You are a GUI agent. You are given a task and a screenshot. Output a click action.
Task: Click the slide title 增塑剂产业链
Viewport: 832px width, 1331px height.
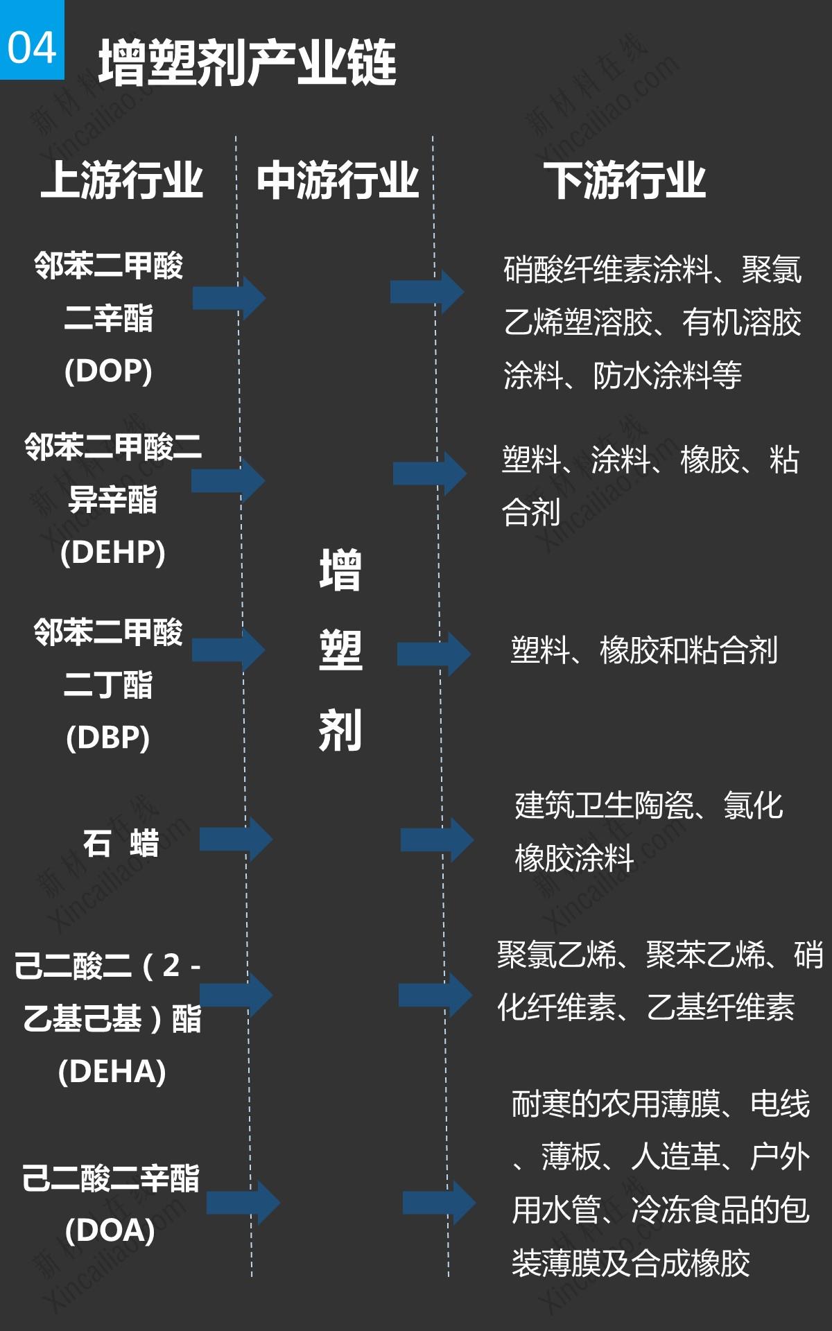[x=247, y=63]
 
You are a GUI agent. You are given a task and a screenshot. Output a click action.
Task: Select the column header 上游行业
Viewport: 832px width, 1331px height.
[x=122, y=181]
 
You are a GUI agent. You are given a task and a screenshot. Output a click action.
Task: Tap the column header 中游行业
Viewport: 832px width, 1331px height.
[x=338, y=181]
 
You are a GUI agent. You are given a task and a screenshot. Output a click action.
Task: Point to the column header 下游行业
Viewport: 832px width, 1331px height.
[x=624, y=181]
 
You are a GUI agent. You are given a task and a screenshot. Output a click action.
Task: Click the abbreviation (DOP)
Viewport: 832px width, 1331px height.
[x=108, y=371]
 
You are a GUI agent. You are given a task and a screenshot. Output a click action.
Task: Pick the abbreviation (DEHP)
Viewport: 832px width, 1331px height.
[x=112, y=553]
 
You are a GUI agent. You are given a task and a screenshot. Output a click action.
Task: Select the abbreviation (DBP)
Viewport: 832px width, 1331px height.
[x=108, y=737]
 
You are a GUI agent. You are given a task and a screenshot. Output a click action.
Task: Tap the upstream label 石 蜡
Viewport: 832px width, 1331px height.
[x=121, y=844]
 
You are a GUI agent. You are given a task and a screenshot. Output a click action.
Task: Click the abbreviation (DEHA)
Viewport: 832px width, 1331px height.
[x=112, y=1072]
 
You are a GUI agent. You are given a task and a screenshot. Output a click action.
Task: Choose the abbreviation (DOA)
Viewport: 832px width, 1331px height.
[x=110, y=1230]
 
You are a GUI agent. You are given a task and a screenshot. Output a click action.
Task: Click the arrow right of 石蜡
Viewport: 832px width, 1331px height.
[x=236, y=840]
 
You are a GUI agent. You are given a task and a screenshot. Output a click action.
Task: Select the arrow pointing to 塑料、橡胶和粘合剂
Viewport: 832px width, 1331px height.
[x=434, y=654]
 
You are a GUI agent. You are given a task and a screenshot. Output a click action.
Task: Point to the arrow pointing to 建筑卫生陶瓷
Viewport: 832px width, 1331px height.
[x=437, y=840]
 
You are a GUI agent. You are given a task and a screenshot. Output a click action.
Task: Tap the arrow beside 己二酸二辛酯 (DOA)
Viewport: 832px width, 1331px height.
[x=243, y=1203]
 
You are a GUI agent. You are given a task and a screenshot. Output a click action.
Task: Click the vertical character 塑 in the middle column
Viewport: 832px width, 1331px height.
[x=340, y=650]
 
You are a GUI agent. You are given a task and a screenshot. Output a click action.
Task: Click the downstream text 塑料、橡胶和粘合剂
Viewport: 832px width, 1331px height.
[x=644, y=650]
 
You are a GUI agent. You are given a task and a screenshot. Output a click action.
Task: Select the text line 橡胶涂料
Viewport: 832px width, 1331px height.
[x=574, y=858]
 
